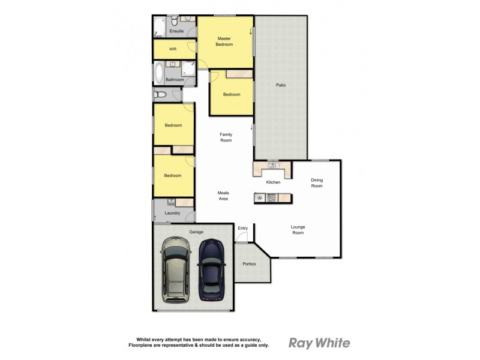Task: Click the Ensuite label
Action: point(176,31)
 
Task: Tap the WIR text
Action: point(173,49)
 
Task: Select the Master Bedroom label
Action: point(225,41)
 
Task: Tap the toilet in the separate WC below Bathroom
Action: point(158,94)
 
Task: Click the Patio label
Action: point(281,85)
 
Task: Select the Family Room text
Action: point(226,137)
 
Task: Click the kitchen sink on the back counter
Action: point(272,165)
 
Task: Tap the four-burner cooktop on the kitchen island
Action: point(272,197)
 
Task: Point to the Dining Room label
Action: point(317,183)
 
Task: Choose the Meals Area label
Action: point(223,196)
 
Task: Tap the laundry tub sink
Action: point(171,202)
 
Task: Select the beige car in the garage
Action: point(175,269)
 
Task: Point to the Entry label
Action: point(242,228)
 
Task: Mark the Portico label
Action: point(249,264)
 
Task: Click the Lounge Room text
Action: point(298,230)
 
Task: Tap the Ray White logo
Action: point(319,343)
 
